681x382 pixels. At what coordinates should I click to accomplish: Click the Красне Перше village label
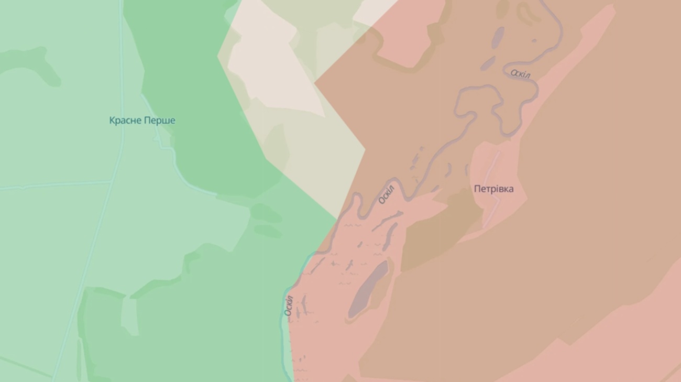click(x=142, y=121)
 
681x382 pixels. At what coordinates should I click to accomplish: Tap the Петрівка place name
click(x=493, y=189)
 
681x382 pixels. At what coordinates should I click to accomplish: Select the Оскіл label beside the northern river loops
click(x=520, y=74)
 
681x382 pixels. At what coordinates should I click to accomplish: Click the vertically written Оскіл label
click(x=289, y=305)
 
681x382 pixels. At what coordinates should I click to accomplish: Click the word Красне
click(x=126, y=121)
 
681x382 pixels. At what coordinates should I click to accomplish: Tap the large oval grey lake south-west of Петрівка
click(x=368, y=289)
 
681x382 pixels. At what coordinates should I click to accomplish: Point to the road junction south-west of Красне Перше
click(x=112, y=182)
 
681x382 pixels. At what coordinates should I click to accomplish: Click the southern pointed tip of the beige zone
click(x=336, y=217)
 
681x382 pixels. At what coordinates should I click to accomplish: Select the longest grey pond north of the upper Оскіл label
click(x=497, y=38)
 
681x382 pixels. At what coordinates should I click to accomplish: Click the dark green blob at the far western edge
click(x=31, y=63)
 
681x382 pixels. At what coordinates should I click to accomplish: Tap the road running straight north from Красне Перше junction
click(x=122, y=79)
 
